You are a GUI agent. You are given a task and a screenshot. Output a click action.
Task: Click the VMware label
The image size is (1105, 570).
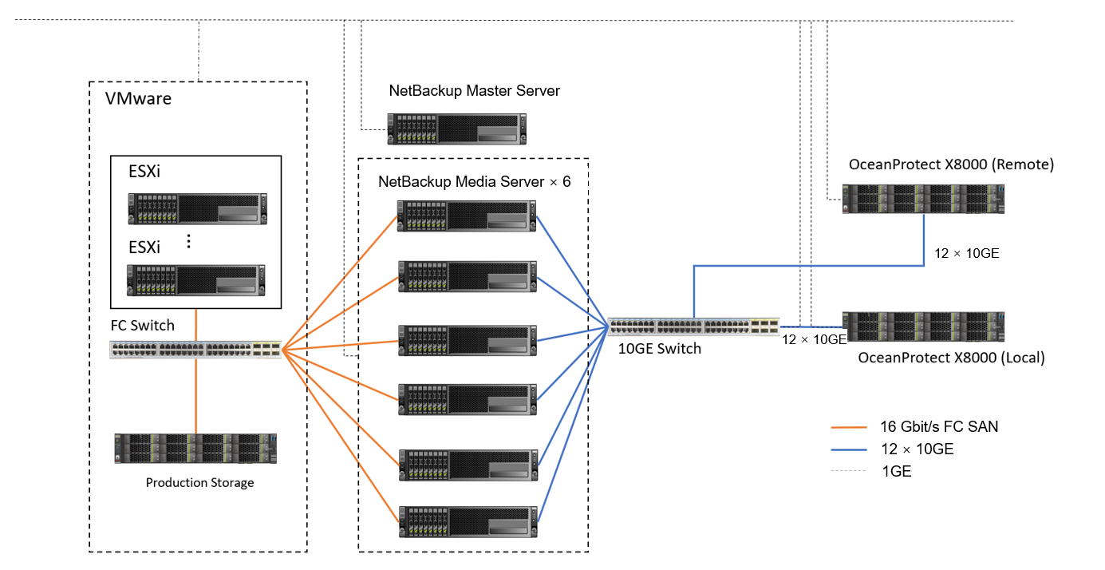point(139,100)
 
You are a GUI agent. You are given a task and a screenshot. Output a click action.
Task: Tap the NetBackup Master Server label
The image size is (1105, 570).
point(475,91)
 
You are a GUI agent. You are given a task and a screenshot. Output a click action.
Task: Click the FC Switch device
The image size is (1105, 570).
point(196,349)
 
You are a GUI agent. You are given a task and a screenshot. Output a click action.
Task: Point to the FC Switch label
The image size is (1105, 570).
point(142,326)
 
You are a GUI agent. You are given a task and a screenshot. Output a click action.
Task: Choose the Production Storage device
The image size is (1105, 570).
point(195,449)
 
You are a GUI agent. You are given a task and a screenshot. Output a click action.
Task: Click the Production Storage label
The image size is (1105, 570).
point(199,483)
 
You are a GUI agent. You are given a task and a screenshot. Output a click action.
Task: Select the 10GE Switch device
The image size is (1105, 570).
point(693,327)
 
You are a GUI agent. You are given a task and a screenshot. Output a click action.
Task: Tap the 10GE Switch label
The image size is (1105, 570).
point(660,348)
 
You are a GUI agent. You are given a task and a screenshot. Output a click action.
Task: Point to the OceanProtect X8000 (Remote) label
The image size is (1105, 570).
point(951,165)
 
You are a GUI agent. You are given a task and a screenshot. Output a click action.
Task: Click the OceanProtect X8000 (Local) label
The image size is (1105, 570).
point(951,358)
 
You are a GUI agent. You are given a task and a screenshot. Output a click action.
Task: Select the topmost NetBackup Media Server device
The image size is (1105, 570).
point(468,215)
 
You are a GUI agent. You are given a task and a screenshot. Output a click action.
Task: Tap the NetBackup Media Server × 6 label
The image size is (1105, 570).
point(475,181)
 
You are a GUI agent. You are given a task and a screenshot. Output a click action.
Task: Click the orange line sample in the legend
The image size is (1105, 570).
point(847,427)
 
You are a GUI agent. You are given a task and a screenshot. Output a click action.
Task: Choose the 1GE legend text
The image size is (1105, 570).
point(897,471)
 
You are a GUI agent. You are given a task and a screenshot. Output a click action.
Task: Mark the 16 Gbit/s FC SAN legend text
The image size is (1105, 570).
point(939,427)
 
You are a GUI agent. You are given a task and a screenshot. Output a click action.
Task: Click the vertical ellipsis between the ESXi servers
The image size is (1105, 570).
point(189,241)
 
